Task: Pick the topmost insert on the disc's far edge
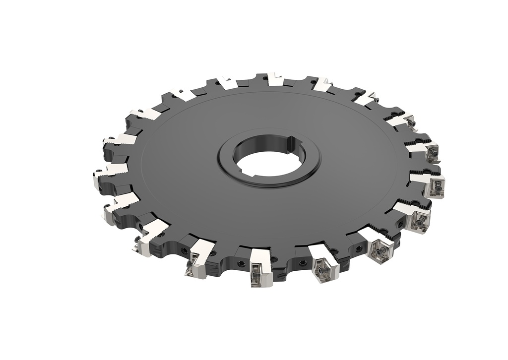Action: click(x=274, y=79)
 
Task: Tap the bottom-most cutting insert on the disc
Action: click(x=261, y=267)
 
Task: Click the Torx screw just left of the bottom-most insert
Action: click(x=241, y=263)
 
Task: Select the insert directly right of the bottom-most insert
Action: click(x=322, y=262)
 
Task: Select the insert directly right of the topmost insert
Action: click(x=323, y=85)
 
